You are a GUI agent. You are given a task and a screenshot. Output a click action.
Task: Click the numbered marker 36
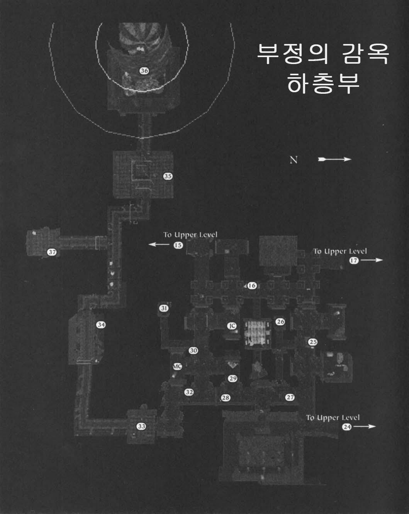pos(144,71)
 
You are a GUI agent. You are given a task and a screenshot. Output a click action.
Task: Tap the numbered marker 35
pos(168,176)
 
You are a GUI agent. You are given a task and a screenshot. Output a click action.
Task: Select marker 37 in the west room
pos(52,252)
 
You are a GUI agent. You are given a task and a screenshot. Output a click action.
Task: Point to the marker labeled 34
pos(101,325)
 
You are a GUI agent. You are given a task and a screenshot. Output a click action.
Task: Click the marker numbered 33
pos(141,426)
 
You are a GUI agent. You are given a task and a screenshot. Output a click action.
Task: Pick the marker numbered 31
pos(164,308)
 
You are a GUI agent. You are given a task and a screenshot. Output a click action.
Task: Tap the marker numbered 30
pos(193,351)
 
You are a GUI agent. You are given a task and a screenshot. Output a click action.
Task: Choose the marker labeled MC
pos(178,366)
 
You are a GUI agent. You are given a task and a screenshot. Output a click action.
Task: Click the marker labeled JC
pos(232,326)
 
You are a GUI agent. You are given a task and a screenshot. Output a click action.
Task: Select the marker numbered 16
pos(252,286)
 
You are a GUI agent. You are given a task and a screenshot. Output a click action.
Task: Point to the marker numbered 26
pos(280,321)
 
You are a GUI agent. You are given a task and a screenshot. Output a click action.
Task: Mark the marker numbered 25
pos(313,342)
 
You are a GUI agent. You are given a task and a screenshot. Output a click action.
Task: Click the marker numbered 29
pos(233,379)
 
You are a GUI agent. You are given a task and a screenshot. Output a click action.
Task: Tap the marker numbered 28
pos(226,398)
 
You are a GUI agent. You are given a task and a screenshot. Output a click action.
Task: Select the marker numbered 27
pos(290,397)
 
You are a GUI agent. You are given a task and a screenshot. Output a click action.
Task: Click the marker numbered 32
pos(189,392)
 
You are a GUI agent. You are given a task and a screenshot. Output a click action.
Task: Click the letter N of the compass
pos(294,160)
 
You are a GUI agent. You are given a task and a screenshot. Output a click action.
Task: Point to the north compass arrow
pos(334,159)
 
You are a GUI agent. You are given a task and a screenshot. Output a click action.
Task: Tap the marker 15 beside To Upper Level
pos(178,245)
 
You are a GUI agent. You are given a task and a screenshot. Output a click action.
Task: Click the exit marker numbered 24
pos(347,427)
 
